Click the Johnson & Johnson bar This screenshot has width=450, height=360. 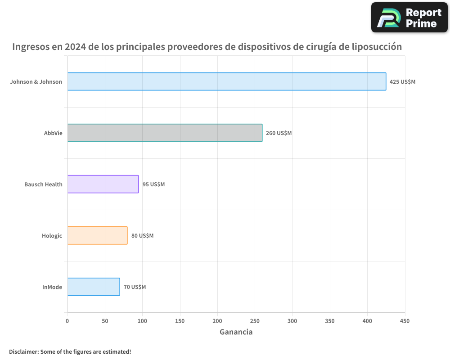pyautogui.click(x=227, y=81)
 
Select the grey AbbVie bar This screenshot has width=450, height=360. pyautogui.click(x=165, y=133)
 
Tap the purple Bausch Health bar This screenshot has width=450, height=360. pyautogui.click(x=103, y=184)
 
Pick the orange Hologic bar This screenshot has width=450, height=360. pyautogui.click(x=97, y=235)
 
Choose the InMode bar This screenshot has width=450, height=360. pyautogui.click(x=94, y=287)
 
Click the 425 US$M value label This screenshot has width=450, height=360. pyautogui.click(x=402, y=82)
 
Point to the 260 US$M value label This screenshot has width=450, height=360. pyautogui.click(x=279, y=133)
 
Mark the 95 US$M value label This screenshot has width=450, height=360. pyautogui.click(x=153, y=184)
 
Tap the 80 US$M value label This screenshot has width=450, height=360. pyautogui.click(x=142, y=236)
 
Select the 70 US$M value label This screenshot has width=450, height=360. pyautogui.click(x=135, y=287)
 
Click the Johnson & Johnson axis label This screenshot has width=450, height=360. pyautogui.click(x=36, y=82)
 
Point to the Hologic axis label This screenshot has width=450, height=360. pyautogui.click(x=52, y=236)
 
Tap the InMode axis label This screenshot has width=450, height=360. pyautogui.click(x=52, y=287)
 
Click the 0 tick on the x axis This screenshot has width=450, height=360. pyautogui.click(x=67, y=321)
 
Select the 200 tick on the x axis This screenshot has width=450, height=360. pyautogui.click(x=217, y=321)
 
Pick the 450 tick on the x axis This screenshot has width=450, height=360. pyautogui.click(x=405, y=321)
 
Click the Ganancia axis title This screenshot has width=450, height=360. pyautogui.click(x=236, y=332)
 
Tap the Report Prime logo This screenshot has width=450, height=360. pyautogui.click(x=409, y=18)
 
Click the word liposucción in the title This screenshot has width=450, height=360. pyautogui.click(x=377, y=46)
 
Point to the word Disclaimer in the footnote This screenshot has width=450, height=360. pyautogui.click(x=23, y=351)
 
